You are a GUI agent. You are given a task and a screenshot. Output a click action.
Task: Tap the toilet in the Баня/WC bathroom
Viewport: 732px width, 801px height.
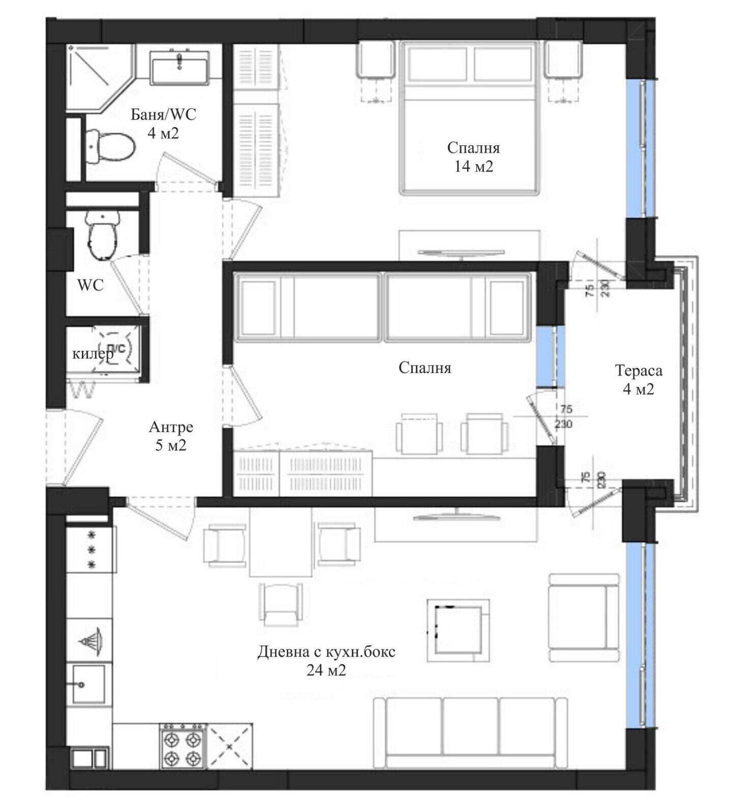click(x=109, y=146)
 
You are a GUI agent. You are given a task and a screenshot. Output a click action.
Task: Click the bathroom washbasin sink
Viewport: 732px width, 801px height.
click(x=179, y=68)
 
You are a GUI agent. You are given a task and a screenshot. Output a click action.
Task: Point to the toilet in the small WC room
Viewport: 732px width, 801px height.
click(x=103, y=234)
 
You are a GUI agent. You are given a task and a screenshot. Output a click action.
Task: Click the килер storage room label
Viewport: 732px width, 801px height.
click(x=93, y=353)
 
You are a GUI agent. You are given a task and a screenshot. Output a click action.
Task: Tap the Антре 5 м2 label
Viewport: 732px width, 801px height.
click(x=171, y=436)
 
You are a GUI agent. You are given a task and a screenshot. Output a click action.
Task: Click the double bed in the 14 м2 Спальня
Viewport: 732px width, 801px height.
click(x=469, y=117)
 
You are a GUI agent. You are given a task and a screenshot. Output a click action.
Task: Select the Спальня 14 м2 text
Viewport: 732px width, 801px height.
click(x=473, y=157)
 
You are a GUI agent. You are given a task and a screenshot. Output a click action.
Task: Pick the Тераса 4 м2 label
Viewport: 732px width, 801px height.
click(x=638, y=379)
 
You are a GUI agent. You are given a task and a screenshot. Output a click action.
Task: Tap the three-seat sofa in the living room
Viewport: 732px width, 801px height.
click(x=470, y=733)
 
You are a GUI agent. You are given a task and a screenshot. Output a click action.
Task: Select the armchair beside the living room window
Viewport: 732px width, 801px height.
click(x=585, y=617)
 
